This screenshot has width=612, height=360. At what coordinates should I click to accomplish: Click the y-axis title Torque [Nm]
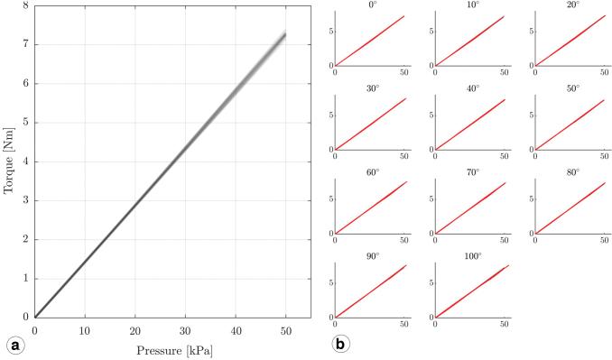tap(10, 162)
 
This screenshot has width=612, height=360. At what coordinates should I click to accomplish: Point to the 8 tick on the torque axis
tap(24, 5)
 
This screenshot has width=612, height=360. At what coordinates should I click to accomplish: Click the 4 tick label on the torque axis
tap(24, 162)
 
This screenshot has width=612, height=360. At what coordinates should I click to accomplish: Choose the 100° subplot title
tap(471, 256)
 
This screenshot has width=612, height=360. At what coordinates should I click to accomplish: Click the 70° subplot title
tap(471, 172)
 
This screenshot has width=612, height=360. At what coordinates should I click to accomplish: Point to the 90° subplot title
tap(371, 256)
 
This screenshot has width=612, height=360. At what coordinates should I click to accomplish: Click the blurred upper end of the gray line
tap(282, 37)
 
